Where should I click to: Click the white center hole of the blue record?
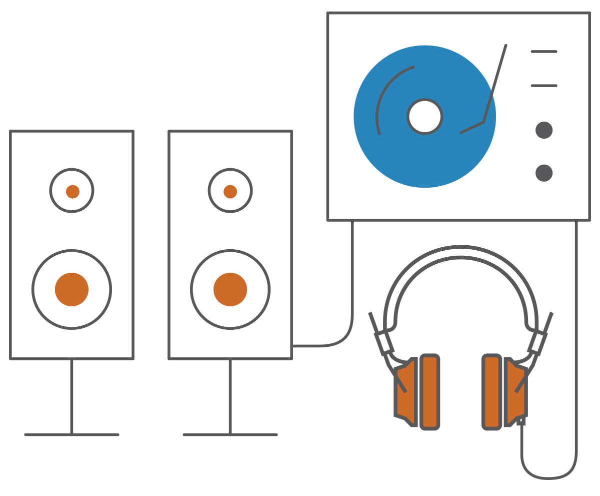[x=424, y=117]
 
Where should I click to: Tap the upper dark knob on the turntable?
[x=544, y=130]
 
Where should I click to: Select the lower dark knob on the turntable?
[x=544, y=173]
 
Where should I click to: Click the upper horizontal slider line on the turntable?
[x=544, y=52]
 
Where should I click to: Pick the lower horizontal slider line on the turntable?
[x=544, y=86]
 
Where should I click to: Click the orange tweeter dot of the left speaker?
[x=72, y=191]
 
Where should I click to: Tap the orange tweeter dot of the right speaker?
[x=230, y=191]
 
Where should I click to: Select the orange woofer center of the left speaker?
[x=71, y=289]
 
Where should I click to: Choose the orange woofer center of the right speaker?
[x=230, y=289]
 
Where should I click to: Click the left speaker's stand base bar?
[x=71, y=434]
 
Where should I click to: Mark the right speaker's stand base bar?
[x=230, y=434]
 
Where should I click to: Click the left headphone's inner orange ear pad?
[x=430, y=392]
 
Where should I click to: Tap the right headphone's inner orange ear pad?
[x=491, y=392]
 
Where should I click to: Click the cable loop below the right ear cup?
[x=548, y=478]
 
